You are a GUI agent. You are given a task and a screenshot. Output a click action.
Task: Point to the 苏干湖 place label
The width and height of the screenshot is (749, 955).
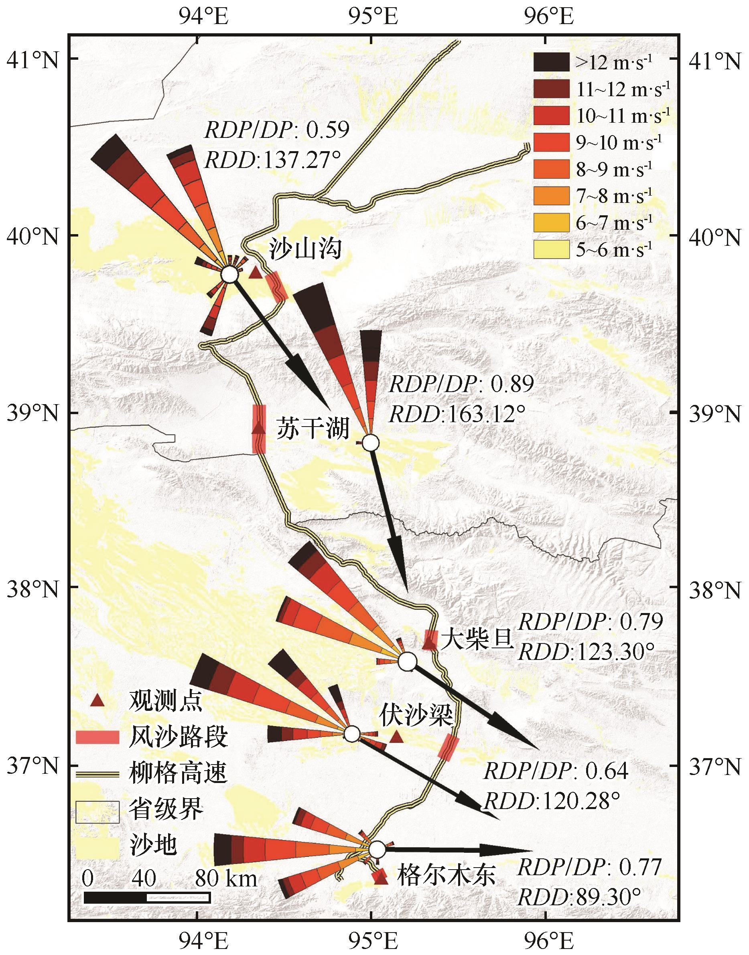(x=312, y=427)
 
